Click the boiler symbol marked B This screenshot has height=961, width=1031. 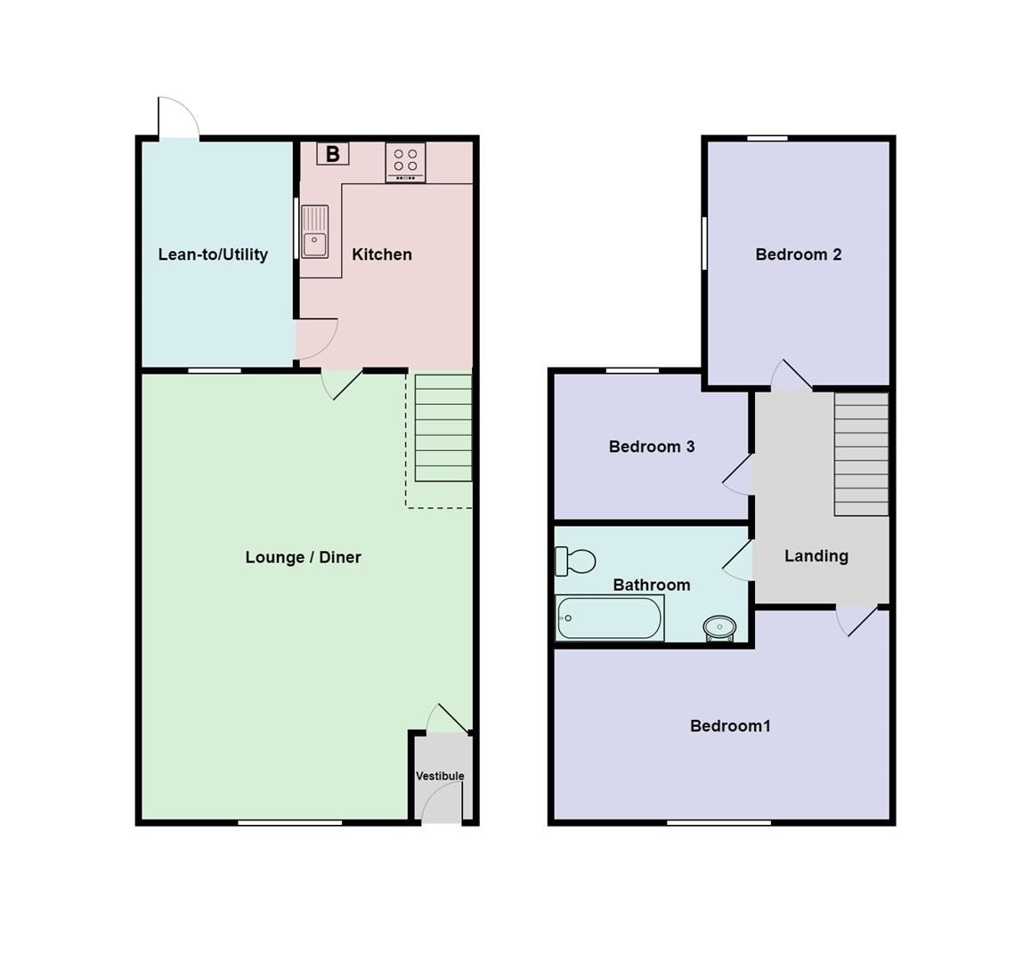[332, 154]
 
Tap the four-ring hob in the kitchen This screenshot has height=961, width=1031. [405, 162]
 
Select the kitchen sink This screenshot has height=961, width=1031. [314, 231]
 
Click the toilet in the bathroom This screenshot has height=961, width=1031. [575, 561]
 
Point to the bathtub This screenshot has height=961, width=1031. [610, 618]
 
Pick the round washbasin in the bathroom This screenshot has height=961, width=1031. [719, 627]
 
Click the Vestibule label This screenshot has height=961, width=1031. [440, 776]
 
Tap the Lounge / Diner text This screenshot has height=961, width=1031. [303, 557]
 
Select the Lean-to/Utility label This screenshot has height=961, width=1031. [213, 254]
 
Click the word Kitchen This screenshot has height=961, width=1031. [382, 254]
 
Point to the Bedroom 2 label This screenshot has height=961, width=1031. [798, 254]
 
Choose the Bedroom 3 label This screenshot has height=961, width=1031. [651, 447]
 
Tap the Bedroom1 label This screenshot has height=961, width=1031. [730, 726]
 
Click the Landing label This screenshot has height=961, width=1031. [816, 556]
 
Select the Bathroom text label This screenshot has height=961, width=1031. [651, 585]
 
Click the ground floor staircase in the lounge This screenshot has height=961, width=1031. [443, 427]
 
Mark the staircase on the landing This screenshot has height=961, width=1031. [861, 454]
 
